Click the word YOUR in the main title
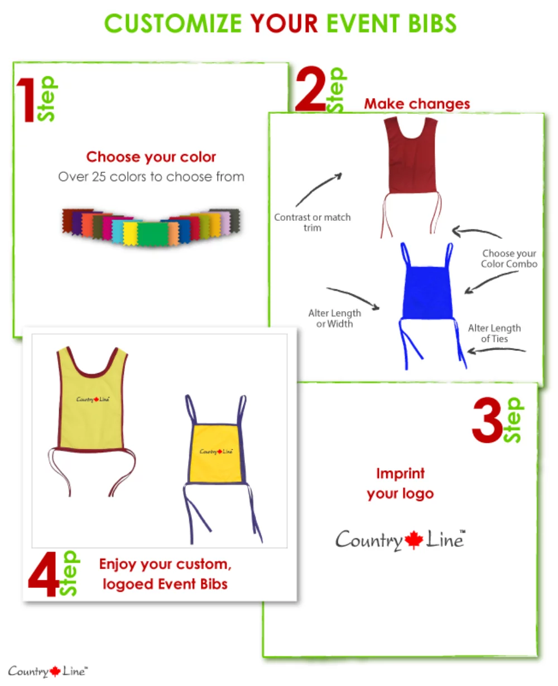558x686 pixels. click(x=284, y=24)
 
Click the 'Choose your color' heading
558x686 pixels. click(x=151, y=157)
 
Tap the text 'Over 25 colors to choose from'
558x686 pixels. click(x=151, y=177)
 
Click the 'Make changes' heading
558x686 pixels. click(x=417, y=104)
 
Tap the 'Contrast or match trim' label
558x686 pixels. click(x=312, y=222)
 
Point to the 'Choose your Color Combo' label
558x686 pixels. click(x=509, y=259)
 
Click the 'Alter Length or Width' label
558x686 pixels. click(x=334, y=318)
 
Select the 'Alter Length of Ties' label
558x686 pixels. click(x=494, y=334)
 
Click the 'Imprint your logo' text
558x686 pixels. click(x=400, y=484)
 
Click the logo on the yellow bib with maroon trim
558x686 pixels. click(x=93, y=399)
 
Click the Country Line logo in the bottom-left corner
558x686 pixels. click(x=47, y=671)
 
